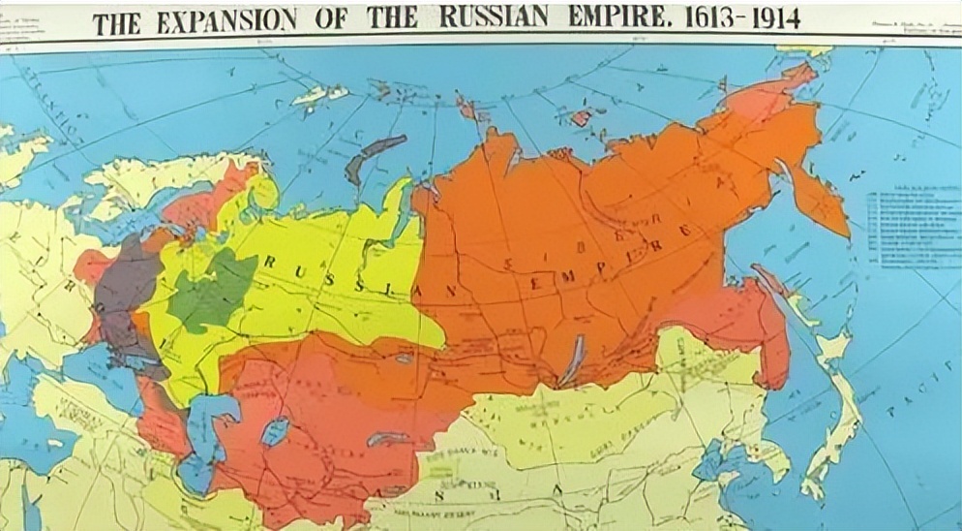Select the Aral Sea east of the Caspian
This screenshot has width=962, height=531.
pyautogui.click(x=274, y=430)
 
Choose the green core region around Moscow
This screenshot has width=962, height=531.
pyautogui.click(x=208, y=291)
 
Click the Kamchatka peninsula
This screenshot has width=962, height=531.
pyautogui.click(x=818, y=199)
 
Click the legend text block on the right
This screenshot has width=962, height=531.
pyautogui.click(x=905, y=228)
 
